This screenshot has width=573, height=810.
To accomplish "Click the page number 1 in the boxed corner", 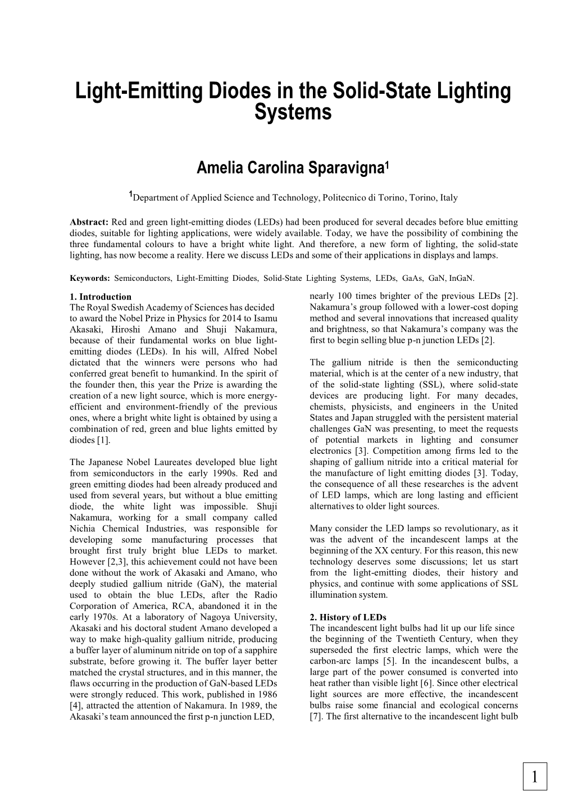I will point(534,777).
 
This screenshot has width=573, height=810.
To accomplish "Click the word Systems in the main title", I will point(293,112).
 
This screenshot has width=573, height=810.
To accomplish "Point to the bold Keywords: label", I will point(90,278).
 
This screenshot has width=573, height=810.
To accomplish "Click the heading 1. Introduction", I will point(101,297).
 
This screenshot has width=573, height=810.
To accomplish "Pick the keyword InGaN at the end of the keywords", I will point(462,278).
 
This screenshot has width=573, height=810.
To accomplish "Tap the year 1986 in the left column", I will point(266,694).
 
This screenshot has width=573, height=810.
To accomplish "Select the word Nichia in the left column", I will point(83,529).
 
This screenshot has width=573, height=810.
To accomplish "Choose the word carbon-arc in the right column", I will point(330,661).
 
